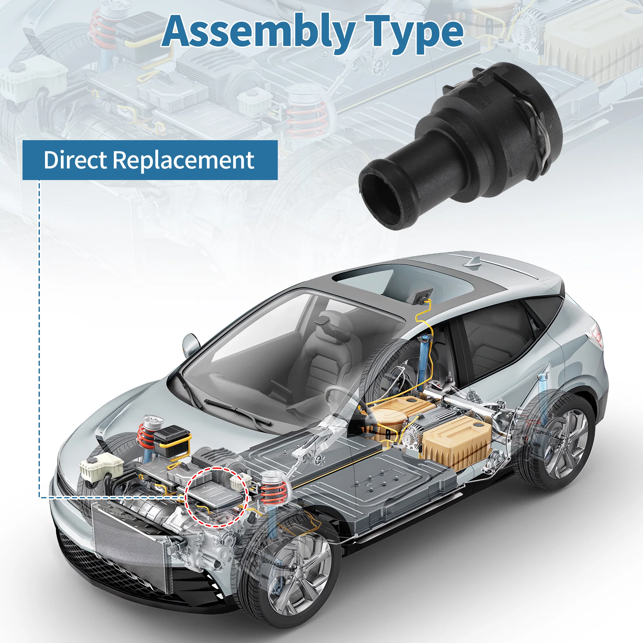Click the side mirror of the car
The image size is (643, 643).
tap(191, 343)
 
